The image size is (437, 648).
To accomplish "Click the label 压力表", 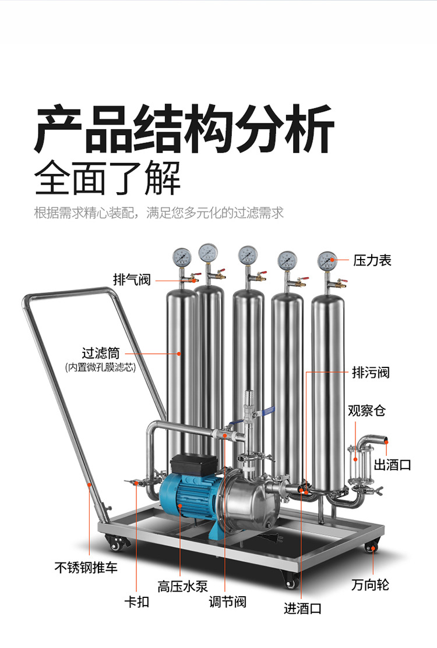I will [372, 260].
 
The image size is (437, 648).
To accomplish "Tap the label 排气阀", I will [132, 280].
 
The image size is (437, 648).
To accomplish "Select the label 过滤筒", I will [100, 353].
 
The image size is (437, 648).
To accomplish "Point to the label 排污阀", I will [371, 372].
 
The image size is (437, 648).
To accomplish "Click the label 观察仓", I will [366, 410].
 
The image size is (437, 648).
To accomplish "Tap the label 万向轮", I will [370, 584].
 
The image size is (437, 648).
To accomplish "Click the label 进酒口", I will [302, 608].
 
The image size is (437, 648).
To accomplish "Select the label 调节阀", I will [227, 601].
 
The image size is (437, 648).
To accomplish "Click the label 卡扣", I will [136, 601].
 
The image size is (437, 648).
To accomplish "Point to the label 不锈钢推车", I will [86, 566].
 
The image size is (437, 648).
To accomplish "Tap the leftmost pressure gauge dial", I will [181, 256].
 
